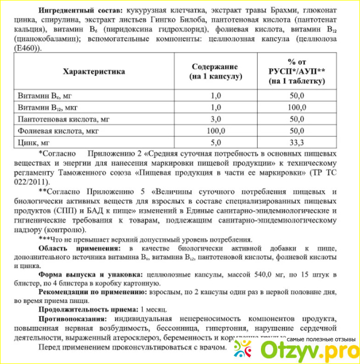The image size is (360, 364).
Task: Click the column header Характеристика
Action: [x=94, y=71]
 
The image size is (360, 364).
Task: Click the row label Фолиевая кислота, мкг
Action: [x=67, y=131]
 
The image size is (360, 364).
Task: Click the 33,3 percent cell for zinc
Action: [x=297, y=142]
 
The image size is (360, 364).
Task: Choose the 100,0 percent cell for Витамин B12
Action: [x=297, y=107]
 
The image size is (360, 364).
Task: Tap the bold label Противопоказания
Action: [x=74, y=320]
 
